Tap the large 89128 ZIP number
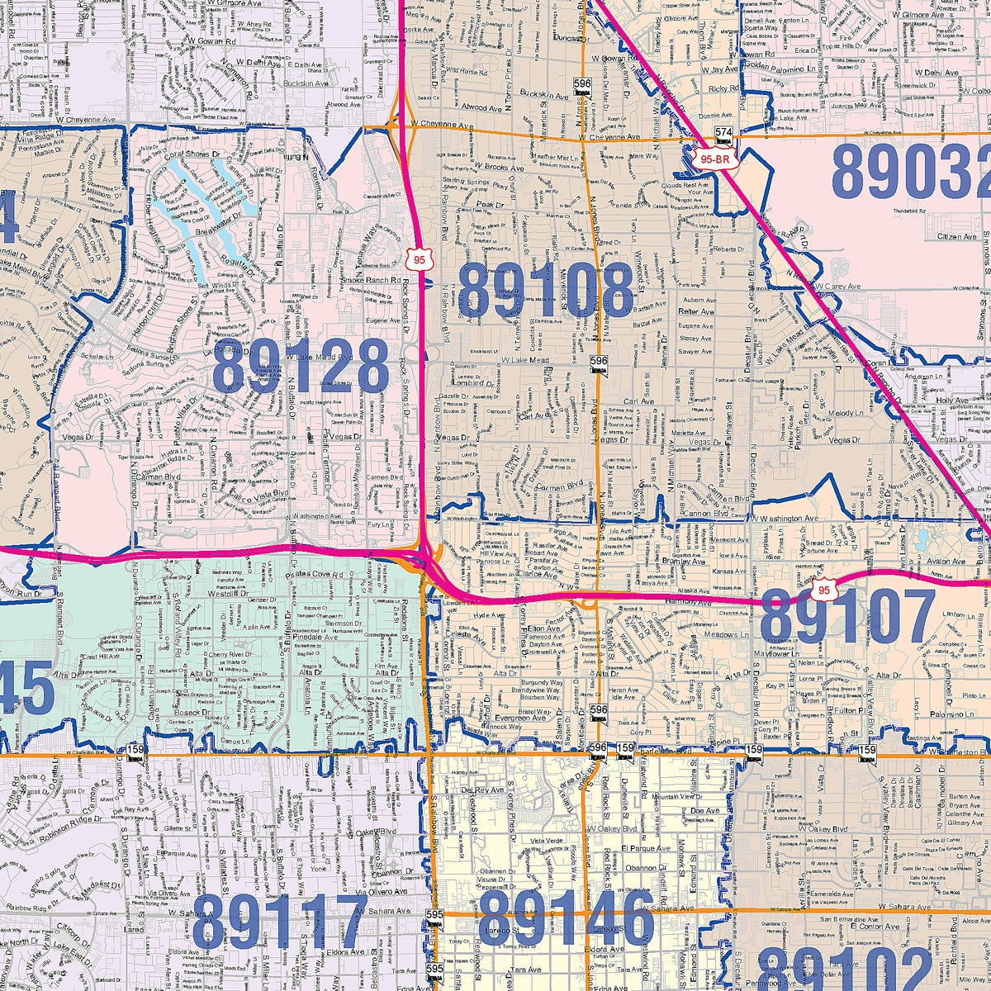click(x=301, y=367)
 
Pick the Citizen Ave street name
click(x=933, y=237)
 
